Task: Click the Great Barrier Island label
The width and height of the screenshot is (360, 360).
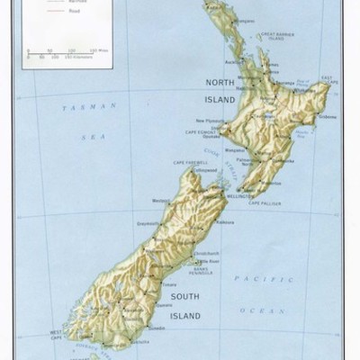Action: click(274, 37)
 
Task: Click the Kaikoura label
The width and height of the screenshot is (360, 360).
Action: click(227, 221)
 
